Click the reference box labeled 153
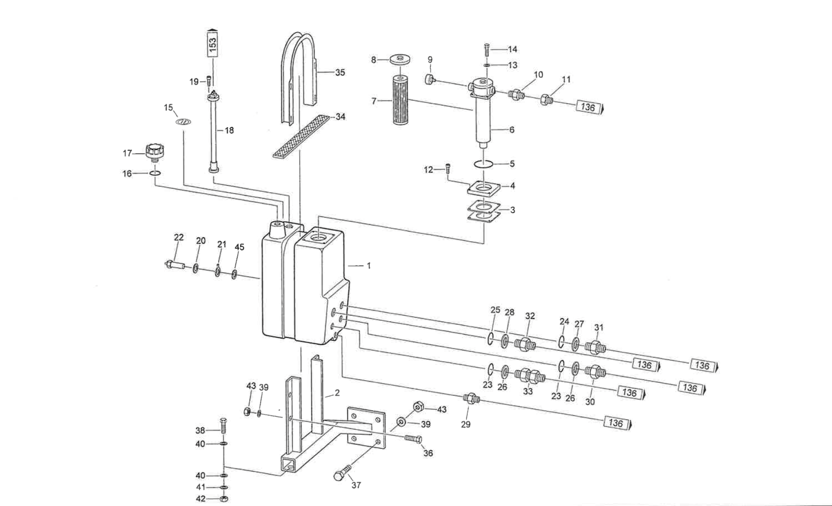(x=213, y=44)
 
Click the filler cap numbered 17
(x=154, y=152)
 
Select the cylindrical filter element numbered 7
(x=400, y=100)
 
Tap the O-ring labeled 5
(x=483, y=164)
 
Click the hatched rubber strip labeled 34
(x=301, y=136)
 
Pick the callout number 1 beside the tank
(x=369, y=266)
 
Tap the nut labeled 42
(x=225, y=499)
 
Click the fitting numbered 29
(x=471, y=398)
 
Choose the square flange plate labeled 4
(x=484, y=188)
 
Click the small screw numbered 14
(x=486, y=48)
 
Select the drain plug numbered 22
(x=176, y=264)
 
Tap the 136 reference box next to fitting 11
(x=588, y=107)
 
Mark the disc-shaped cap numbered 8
(x=400, y=60)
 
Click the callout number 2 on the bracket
(x=337, y=393)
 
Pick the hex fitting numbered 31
(x=595, y=347)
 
